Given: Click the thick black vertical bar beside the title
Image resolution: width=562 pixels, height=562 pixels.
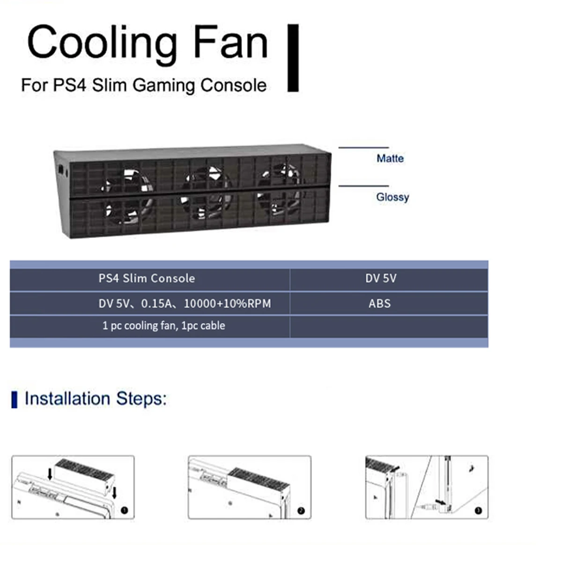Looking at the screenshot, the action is coord(293,58).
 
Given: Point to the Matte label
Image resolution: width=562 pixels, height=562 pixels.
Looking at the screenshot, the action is coord(390,158).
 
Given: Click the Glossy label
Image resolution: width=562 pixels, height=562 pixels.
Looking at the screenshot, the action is coord(392,197).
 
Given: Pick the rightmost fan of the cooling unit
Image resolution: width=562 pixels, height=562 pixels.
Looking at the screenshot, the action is coord(280,189).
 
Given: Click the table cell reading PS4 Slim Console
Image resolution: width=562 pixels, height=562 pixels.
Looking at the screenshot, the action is coord(147,278).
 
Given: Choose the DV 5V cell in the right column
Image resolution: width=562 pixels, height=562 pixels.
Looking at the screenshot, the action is coord(381,278).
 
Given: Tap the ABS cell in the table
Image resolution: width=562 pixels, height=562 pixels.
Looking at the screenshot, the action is coord(379,303).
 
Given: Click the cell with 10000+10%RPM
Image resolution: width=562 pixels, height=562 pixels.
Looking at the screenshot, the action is coord(227,303).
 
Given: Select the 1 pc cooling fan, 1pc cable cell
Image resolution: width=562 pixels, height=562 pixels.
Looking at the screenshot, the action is coord(163,325).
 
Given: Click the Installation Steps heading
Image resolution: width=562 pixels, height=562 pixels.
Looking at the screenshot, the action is coord(96,399).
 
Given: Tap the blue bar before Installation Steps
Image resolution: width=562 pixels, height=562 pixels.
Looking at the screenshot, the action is coord(14,399).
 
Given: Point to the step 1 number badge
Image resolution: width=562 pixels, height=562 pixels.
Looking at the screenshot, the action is coord(125,510).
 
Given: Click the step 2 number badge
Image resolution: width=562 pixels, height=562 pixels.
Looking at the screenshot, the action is coord(301,510).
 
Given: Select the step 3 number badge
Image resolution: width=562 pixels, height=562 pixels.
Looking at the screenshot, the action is coord(478,510).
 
